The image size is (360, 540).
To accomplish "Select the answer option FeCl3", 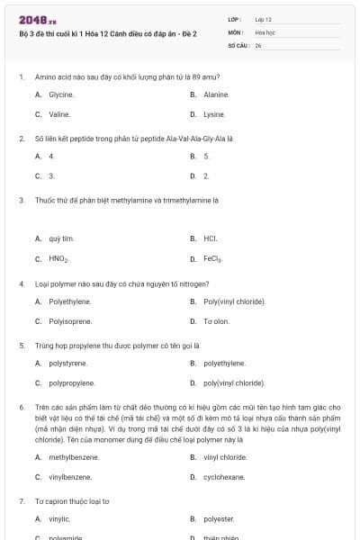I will [212, 259].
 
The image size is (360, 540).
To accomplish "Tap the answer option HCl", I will [211, 238].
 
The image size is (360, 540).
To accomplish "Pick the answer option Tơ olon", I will [216, 321].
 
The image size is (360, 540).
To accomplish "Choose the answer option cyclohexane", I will [224, 477].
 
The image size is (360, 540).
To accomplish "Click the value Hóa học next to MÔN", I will [265, 31].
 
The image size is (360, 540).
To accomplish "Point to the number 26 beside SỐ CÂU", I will [258, 44].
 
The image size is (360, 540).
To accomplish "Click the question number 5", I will [21, 345].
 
